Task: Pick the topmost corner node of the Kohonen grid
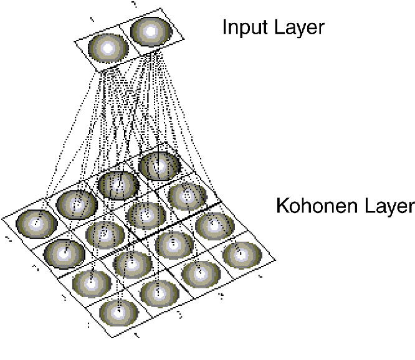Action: pos(160,165)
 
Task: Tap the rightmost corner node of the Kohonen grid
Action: pos(241,253)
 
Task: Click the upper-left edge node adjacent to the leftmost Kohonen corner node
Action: pos(77,203)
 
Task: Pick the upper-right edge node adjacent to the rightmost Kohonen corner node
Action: pos(214,225)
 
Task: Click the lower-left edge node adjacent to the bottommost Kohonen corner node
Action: pos(91,283)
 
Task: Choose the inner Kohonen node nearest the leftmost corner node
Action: pos(105,234)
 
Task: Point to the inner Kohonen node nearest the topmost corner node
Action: pos(145,214)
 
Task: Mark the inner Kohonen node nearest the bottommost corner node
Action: pos(132,264)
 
